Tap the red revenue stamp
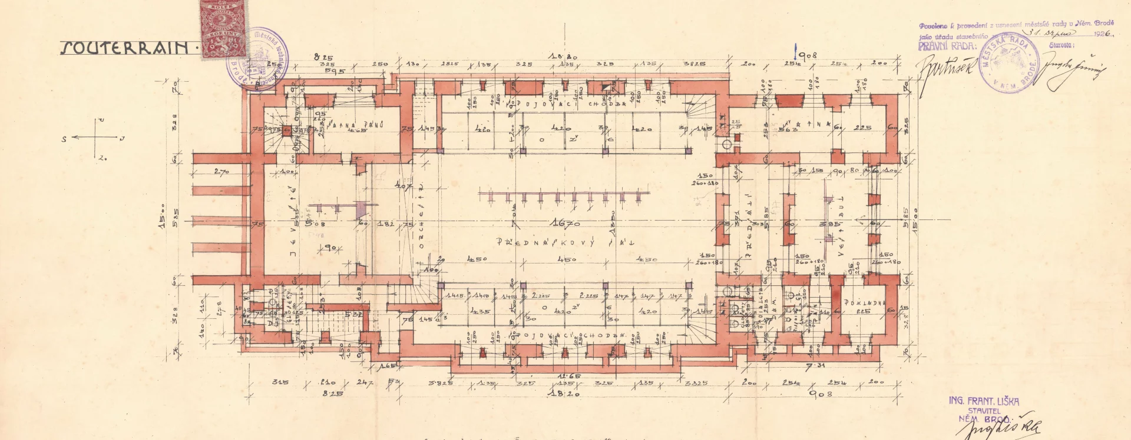[x=223, y=29]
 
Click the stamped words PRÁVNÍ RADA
[x=947, y=46]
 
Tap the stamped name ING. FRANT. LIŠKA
[x=984, y=401]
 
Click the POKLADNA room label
[x=864, y=303]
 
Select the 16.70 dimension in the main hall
[x=565, y=223]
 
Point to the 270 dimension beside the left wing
[x=221, y=172]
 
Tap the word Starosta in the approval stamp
[x=1061, y=45]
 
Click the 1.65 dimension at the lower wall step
[x=387, y=366]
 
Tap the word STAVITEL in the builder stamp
[x=984, y=411]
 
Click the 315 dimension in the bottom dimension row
[x=280, y=382]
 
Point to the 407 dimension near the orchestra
[x=404, y=186]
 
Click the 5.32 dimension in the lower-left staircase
[x=353, y=315]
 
